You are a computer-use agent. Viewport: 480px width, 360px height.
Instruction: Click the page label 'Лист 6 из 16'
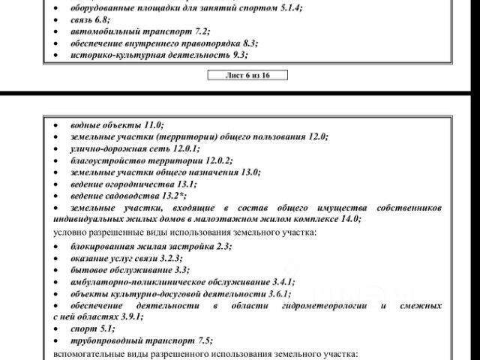(x=247, y=75)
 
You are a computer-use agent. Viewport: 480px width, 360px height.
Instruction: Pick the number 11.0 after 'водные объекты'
(x=153, y=126)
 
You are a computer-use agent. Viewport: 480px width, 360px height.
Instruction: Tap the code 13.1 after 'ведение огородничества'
(x=184, y=184)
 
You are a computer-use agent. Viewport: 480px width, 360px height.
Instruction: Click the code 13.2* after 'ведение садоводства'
(x=172, y=195)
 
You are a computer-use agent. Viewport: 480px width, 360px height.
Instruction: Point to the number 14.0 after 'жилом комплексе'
(x=349, y=218)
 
